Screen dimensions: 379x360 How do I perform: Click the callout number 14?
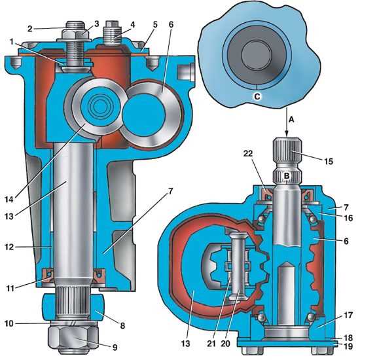pyautogui.click(x=9, y=200)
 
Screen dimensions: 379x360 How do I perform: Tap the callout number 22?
pyautogui.click(x=248, y=154)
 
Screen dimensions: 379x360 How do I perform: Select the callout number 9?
pyautogui.click(x=115, y=348)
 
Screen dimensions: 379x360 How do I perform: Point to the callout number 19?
pyautogui.click(x=348, y=346)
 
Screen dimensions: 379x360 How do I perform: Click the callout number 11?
pyautogui.click(x=10, y=288)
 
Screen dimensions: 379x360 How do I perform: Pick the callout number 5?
pyautogui.click(x=155, y=24)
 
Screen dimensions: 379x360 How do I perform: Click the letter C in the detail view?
pyautogui.click(x=257, y=97)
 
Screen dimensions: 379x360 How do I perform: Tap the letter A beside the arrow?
pyautogui.click(x=292, y=119)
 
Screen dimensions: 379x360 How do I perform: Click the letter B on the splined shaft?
pyautogui.click(x=287, y=176)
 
